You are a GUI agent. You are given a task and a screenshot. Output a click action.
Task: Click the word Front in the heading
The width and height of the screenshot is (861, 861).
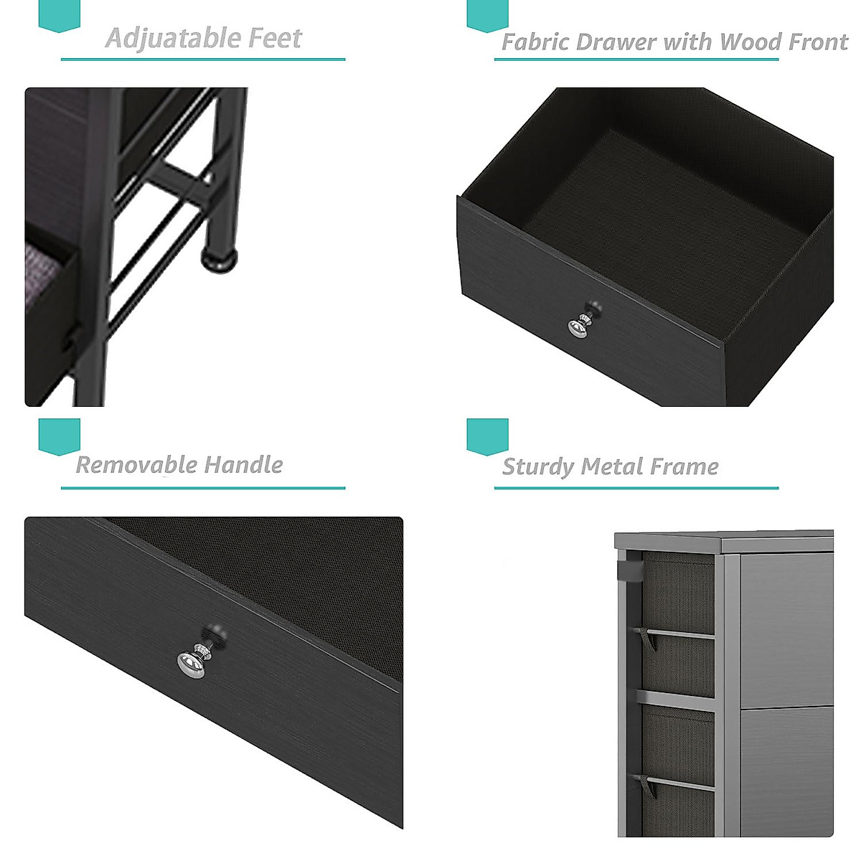pos(817,42)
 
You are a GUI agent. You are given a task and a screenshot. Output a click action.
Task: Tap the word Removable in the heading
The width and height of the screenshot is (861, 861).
pos(136,465)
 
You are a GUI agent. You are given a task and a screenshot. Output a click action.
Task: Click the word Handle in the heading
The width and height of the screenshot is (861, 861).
pos(243,465)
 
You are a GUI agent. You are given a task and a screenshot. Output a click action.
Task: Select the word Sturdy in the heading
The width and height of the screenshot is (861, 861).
pos(538,467)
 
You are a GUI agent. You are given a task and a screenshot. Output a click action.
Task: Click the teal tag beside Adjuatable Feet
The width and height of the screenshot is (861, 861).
pos(59,14)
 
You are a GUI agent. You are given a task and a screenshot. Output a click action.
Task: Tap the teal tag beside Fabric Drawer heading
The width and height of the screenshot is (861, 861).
pos(487,14)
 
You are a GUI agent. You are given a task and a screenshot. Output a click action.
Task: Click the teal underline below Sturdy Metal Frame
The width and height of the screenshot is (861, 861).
pos(636,488)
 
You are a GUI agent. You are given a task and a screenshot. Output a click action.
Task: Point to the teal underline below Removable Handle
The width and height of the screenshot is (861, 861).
pos(203,488)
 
